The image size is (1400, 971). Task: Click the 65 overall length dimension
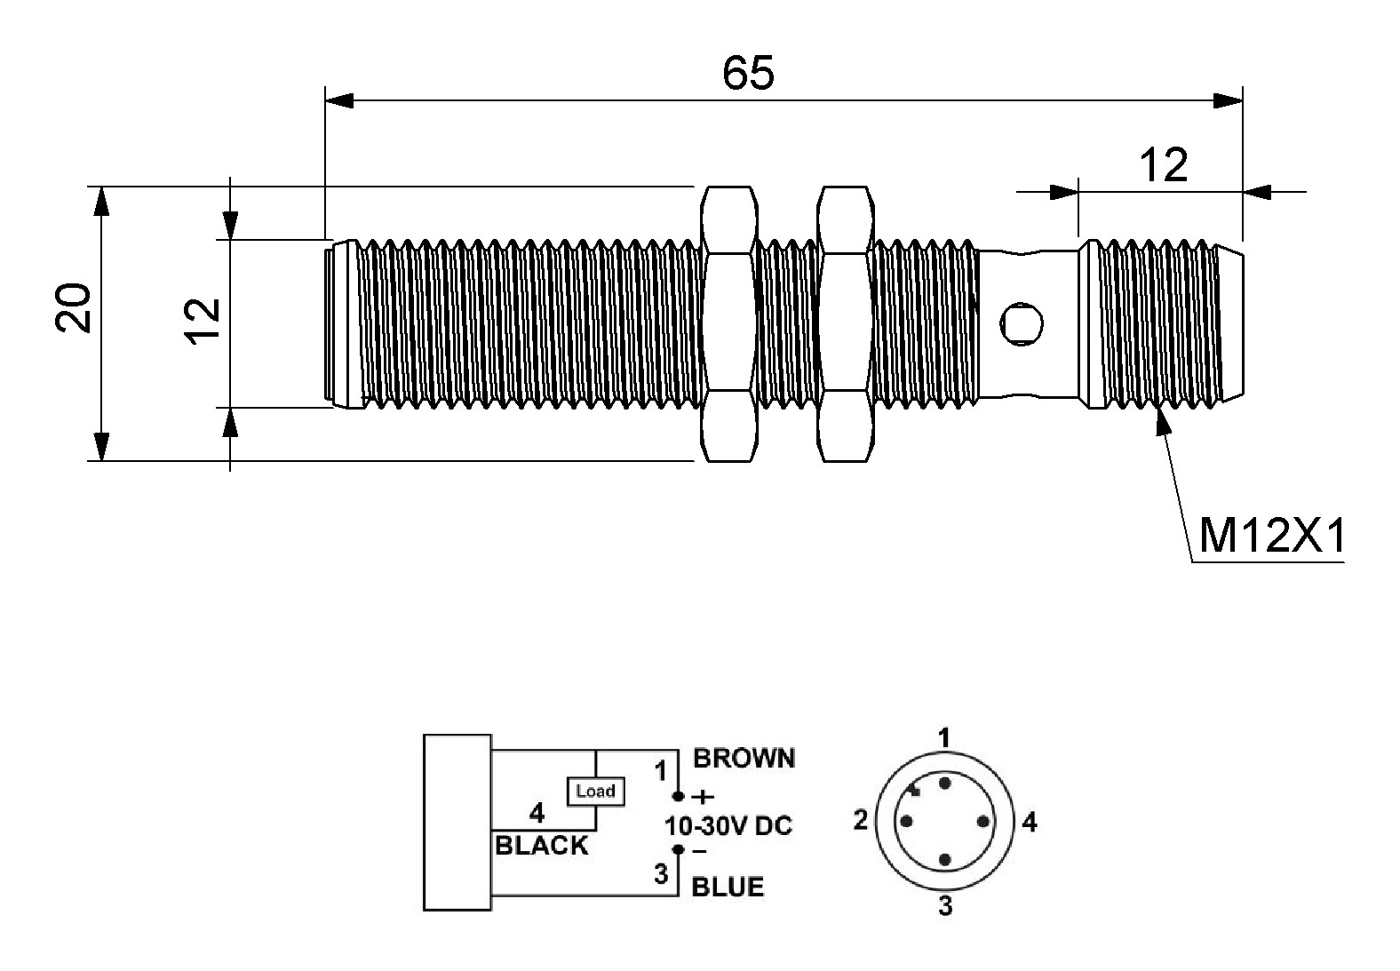pos(748,73)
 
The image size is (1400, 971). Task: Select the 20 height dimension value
pos(73,307)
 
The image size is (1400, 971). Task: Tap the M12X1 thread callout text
pos(1272,536)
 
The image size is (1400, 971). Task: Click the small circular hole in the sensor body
pos(1022,323)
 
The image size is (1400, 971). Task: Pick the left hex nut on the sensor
pos(728,323)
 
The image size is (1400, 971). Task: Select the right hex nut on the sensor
pos(845,323)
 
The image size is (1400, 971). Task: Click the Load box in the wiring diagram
pos(596,792)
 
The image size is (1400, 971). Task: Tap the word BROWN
pos(744,759)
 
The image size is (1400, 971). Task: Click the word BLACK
pos(541,846)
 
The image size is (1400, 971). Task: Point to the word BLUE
pos(728,887)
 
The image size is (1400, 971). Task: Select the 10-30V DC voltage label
pos(728,826)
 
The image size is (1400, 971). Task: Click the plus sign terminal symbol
pos(704,797)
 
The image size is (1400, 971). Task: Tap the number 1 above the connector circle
pos(944,738)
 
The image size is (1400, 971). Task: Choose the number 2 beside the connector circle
pos(861,820)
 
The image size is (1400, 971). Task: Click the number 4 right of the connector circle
pos(1030,823)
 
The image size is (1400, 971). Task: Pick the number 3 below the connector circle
pos(945,905)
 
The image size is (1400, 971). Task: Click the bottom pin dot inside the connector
pos(944,861)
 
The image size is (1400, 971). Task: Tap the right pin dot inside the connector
pos(982,821)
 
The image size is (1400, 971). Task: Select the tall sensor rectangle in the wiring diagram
pos(457,823)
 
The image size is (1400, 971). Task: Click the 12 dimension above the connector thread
pos(1163,165)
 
